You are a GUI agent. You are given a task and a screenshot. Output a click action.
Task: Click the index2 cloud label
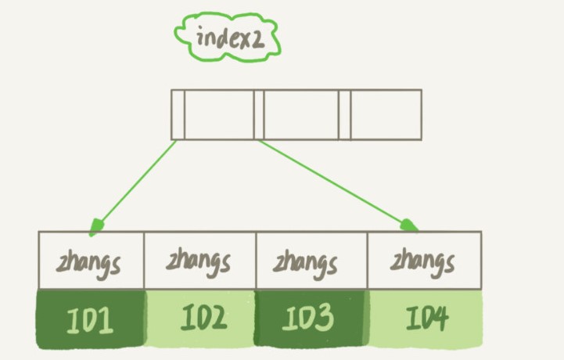[x=226, y=37]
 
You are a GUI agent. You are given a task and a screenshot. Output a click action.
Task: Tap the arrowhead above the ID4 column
[x=410, y=226]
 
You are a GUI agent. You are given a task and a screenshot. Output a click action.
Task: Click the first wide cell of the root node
[x=219, y=114]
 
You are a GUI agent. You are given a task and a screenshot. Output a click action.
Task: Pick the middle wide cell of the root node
[x=301, y=114]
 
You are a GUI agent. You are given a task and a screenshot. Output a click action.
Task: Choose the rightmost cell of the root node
[x=386, y=114]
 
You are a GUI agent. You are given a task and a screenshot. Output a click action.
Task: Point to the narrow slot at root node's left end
[x=178, y=114]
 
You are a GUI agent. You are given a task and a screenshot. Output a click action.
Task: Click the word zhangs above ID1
[x=88, y=261]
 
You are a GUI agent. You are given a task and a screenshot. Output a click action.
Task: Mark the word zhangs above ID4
[x=423, y=260]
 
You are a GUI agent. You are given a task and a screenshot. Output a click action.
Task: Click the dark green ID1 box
[x=90, y=319]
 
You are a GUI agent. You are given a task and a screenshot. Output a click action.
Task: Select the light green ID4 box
[x=426, y=319]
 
